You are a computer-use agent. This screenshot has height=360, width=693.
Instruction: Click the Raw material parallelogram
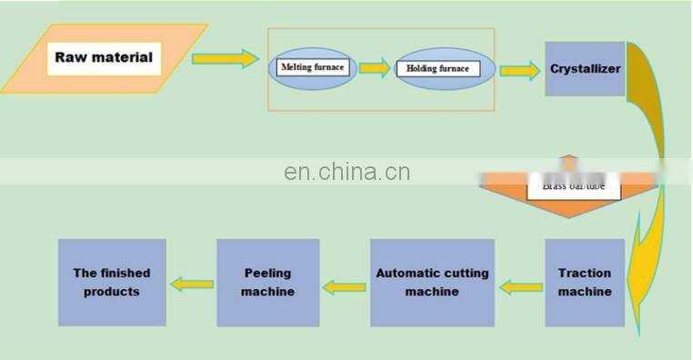104,59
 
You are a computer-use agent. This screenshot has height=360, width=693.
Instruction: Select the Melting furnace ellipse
312,68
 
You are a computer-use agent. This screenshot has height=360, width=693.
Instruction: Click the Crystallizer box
585,69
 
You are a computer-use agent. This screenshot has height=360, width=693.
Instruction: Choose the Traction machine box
585,283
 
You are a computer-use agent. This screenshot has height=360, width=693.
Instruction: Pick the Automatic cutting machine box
432,283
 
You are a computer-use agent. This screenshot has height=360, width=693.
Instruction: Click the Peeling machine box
268,283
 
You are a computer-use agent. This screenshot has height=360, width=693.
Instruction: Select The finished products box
112,283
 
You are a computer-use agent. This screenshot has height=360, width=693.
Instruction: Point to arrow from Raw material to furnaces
224,59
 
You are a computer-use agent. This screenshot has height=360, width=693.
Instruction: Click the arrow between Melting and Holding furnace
373,69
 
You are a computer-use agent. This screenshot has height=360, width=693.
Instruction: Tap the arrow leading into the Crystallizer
518,70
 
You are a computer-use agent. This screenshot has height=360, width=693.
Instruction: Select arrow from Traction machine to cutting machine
523,287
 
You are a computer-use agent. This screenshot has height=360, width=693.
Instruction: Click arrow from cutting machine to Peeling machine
346,286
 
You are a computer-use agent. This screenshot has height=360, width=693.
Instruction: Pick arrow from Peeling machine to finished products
192,285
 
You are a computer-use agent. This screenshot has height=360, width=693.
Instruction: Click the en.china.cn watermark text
346,173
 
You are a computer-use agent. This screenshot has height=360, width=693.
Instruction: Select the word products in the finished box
112,292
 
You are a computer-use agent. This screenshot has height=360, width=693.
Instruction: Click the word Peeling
268,274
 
